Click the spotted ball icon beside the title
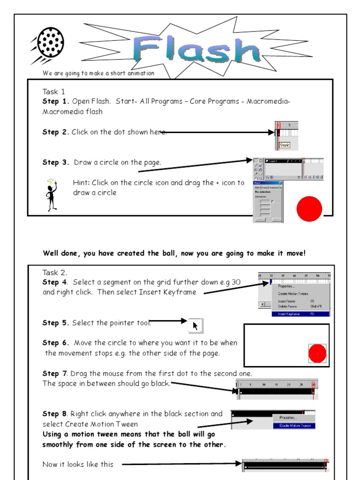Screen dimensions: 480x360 47,43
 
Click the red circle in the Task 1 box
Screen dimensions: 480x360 309,209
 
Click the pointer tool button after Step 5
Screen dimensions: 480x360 196,325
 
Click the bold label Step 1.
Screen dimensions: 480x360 56,102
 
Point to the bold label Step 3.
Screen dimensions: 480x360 56,163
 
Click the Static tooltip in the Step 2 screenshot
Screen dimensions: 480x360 285,145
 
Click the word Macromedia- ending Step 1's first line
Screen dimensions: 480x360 267,102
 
